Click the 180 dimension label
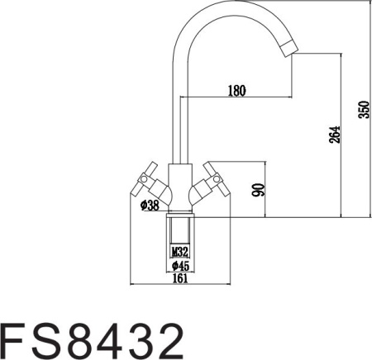(x=237, y=91)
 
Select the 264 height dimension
(x=333, y=135)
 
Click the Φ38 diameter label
(x=150, y=205)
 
